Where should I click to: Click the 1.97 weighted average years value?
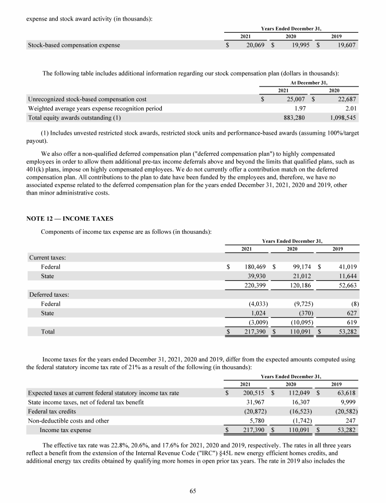point(300,109)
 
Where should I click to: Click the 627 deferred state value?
point(351,313)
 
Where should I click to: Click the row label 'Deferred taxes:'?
point(49,295)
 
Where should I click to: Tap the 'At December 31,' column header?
point(309,82)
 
